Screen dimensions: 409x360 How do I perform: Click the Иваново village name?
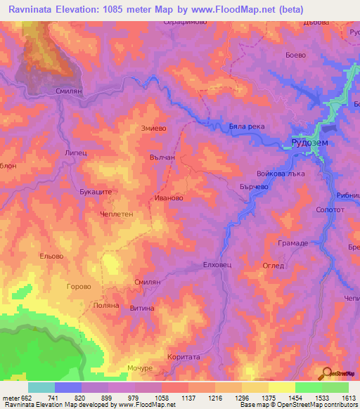coord(169,199)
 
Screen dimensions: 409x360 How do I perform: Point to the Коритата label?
coord(184,357)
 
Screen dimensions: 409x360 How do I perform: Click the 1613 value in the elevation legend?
coord(348,398)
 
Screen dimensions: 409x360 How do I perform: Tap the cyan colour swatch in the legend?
coord(41,387)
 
